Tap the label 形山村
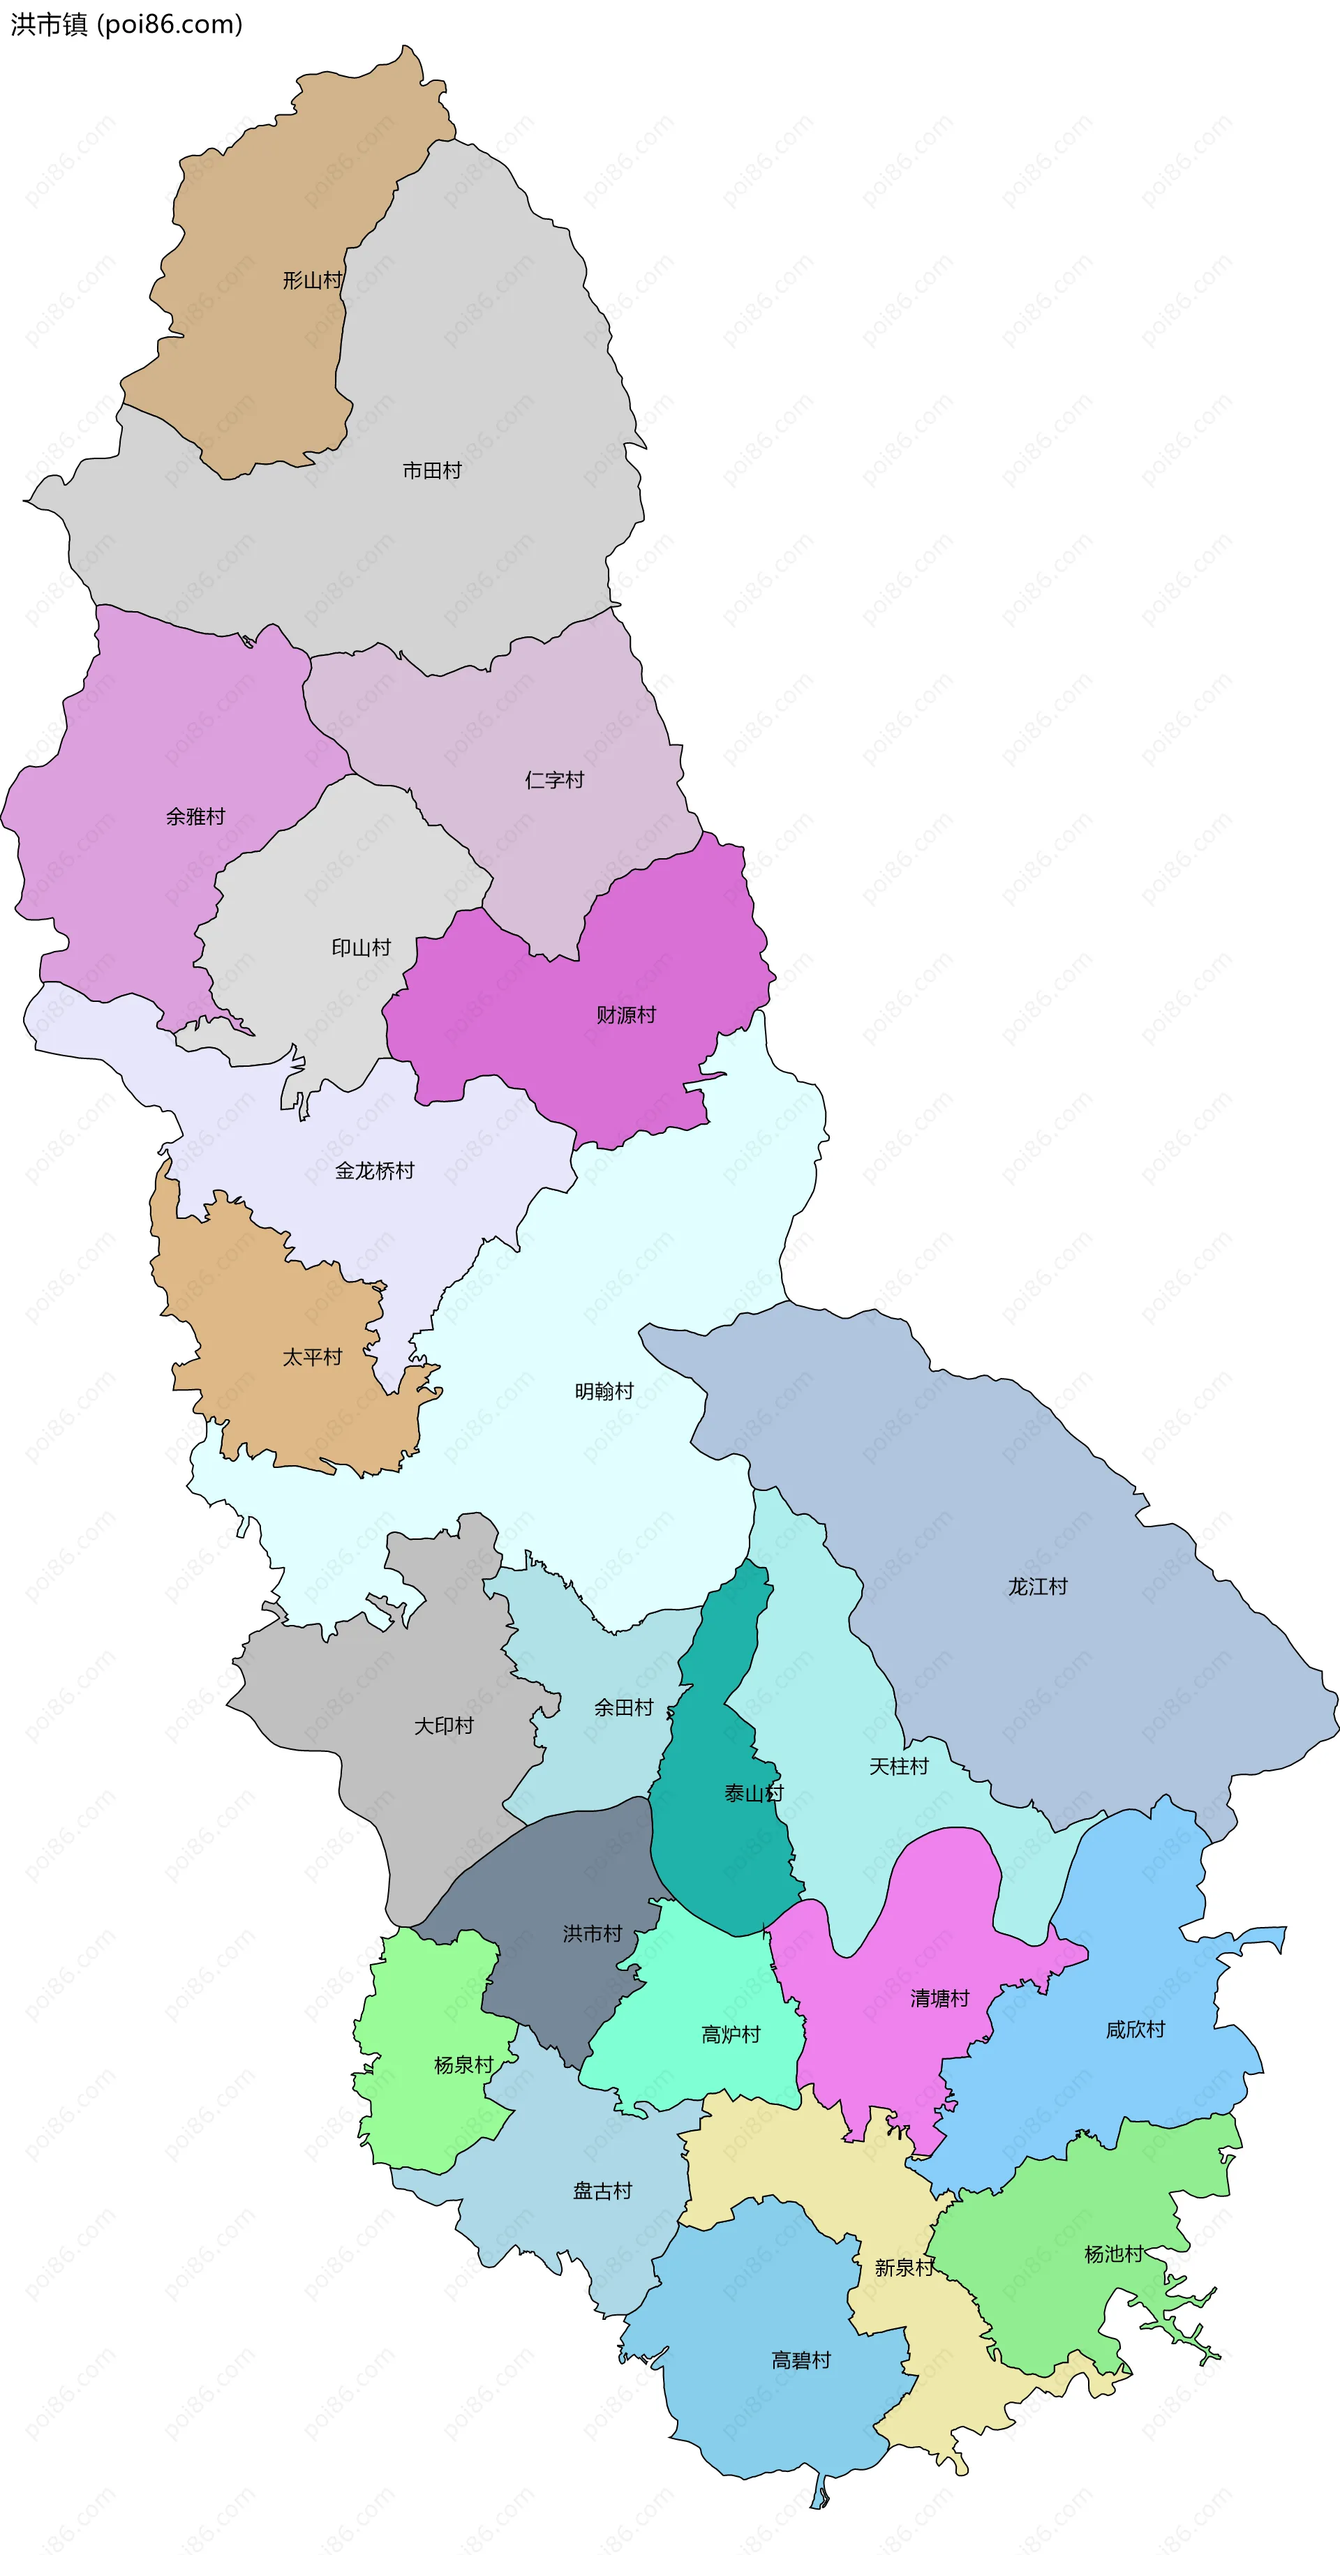pyautogui.click(x=313, y=280)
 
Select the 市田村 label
pyautogui.click(x=431, y=471)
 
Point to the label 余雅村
pyautogui.click(x=195, y=817)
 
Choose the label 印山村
pyautogui.click(x=361, y=948)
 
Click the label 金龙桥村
pyautogui.click(x=374, y=1171)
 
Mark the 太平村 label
pyautogui.click(x=313, y=1358)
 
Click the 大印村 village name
pyautogui.click(x=443, y=1727)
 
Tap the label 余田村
pyautogui.click(x=624, y=1708)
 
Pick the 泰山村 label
pyautogui.click(x=753, y=1793)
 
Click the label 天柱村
pyautogui.click(x=899, y=1767)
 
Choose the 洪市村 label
pyautogui.click(x=592, y=1934)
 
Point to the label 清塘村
pyautogui.click(x=939, y=1998)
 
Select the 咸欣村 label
pyautogui.click(x=1135, y=2030)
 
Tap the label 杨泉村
pyautogui.click(x=463, y=2066)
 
